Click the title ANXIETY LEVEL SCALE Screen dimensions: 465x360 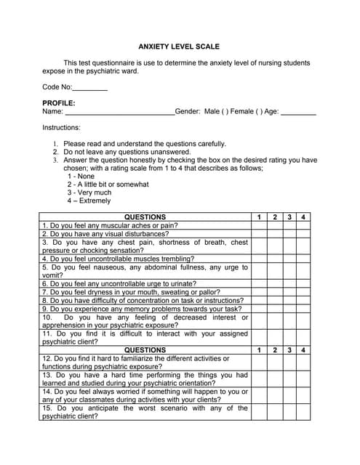click(179, 46)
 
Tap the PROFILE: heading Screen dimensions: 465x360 click(58, 103)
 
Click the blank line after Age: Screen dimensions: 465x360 click(298, 113)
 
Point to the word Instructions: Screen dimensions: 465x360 click(61, 127)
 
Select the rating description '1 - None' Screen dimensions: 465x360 click(81, 176)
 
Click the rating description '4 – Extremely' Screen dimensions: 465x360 click(89, 201)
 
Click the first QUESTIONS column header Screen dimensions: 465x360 click(145, 217)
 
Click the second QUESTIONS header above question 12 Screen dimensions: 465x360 click(145, 350)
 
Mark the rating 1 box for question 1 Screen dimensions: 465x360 click(258, 226)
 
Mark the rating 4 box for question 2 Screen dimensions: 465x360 click(303, 234)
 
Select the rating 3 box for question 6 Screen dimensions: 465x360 click(289, 283)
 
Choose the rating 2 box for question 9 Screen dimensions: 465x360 click(274, 308)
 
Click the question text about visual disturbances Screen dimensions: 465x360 click(105, 234)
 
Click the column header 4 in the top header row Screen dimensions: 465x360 click(303, 217)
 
